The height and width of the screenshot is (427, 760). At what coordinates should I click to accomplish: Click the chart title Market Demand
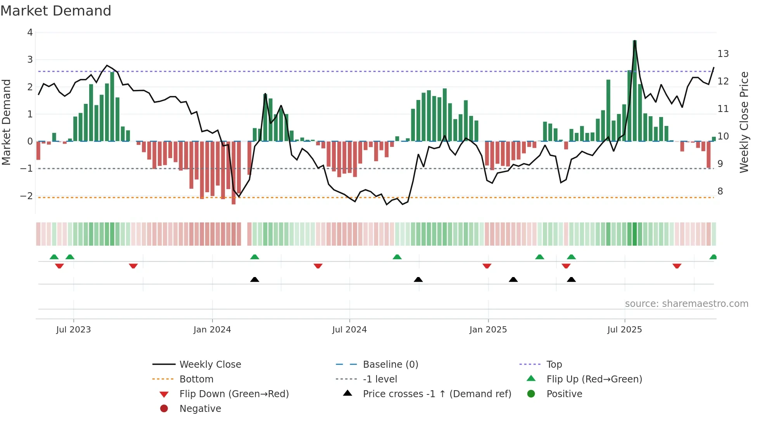[56, 11]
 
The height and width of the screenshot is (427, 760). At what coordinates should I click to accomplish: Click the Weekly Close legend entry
[210, 364]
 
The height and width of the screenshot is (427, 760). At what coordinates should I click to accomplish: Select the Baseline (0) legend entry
[390, 364]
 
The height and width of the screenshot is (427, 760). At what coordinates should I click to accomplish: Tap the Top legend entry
[554, 364]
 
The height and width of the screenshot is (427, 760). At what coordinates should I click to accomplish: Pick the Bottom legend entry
[196, 379]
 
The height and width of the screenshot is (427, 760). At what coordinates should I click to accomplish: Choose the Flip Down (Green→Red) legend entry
[234, 394]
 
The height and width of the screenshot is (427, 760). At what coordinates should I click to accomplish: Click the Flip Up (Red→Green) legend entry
[594, 379]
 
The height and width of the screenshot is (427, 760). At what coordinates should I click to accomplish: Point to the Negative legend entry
[200, 408]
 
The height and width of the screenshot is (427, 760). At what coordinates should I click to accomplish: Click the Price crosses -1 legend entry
[437, 394]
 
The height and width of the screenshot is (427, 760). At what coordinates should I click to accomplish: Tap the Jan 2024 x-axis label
[212, 329]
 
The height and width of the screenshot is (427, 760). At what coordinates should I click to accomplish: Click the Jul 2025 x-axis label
[624, 329]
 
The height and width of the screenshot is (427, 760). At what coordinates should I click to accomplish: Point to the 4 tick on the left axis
[30, 33]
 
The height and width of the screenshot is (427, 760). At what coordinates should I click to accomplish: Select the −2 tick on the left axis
[27, 196]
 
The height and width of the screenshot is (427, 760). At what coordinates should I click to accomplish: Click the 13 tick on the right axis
[723, 53]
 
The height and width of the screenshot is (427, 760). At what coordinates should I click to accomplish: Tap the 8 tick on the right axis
[720, 191]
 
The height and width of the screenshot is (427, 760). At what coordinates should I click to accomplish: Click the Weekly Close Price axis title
[744, 122]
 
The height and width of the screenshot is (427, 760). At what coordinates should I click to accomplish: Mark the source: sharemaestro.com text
[686, 303]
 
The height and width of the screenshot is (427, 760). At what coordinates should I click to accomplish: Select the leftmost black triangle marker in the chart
[255, 279]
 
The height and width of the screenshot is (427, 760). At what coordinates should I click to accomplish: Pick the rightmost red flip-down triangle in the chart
[677, 266]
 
